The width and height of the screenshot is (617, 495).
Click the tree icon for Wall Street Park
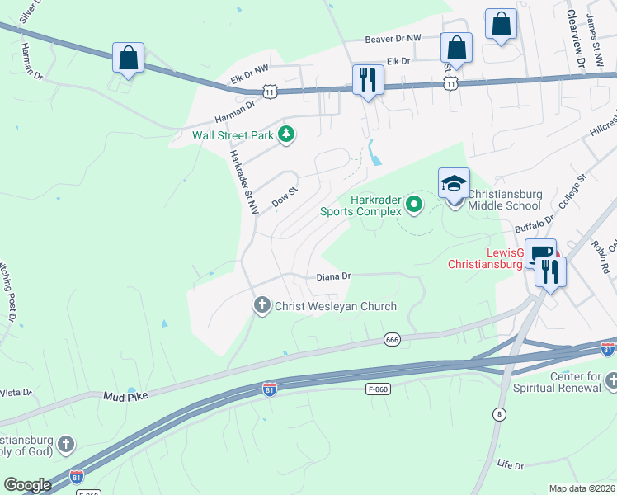tap(286, 134)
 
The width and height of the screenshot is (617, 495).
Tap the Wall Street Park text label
tap(233, 136)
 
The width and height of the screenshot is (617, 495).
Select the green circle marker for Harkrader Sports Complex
tap(415, 204)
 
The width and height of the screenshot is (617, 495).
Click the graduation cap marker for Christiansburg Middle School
tap(454, 183)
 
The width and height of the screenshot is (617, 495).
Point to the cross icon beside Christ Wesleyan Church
tap(262, 306)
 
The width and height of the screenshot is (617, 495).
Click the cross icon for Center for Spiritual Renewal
tap(611, 380)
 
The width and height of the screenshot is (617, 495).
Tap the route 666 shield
tap(393, 339)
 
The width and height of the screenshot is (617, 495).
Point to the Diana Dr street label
tap(334, 277)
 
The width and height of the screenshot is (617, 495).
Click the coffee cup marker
tap(540, 253)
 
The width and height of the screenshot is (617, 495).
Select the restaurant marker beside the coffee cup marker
tap(550, 271)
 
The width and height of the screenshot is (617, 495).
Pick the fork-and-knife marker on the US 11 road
tap(366, 80)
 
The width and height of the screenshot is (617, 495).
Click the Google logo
tap(27, 485)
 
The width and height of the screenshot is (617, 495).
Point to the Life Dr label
tap(510, 464)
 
